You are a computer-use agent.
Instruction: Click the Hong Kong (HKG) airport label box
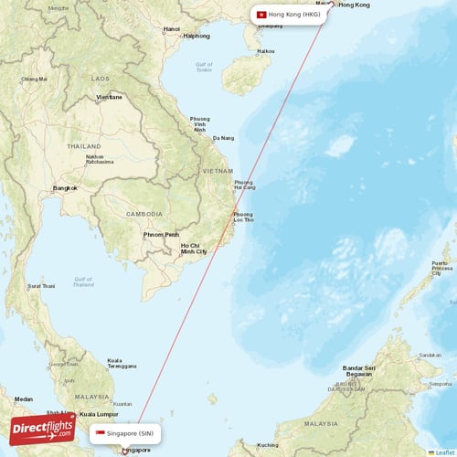pos(289,15)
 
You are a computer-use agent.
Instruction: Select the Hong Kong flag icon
pos(262,15)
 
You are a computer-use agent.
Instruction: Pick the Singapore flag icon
pos(101,432)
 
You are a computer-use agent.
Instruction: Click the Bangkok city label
pos(65,188)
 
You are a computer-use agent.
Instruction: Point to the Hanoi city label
pos(172,29)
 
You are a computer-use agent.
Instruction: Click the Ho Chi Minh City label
pos(194,248)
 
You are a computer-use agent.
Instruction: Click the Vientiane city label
pos(109,97)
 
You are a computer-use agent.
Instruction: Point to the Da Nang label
pos(223,138)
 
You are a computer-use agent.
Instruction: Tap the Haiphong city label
pos(197,37)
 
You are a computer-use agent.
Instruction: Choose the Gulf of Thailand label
pos(84,281)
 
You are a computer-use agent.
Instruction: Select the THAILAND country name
pos(83,146)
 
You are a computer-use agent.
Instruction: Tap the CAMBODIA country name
pos(144,214)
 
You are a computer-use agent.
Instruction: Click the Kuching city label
pos(268,445)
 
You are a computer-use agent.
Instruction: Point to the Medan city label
pos(24,399)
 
